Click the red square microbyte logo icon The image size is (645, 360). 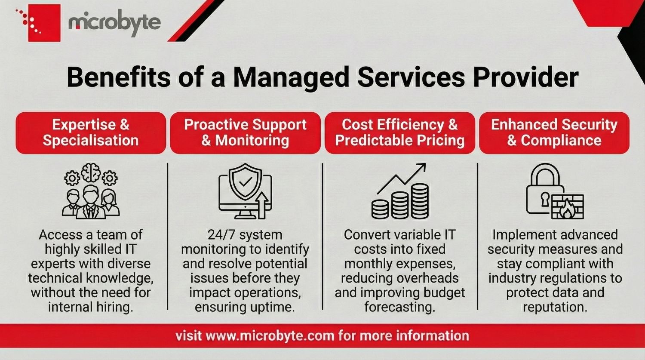point(43,23)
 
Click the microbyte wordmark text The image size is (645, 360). point(114,23)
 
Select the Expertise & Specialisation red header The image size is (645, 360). point(91,132)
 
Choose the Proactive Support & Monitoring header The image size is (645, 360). point(245,132)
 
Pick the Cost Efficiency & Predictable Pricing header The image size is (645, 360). point(399,132)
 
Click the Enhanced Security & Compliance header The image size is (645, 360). point(554,132)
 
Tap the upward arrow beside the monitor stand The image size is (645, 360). point(262,204)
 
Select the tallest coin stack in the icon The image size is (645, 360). point(420,200)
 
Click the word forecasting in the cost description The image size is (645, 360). point(399,307)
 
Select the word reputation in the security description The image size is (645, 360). point(554,307)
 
